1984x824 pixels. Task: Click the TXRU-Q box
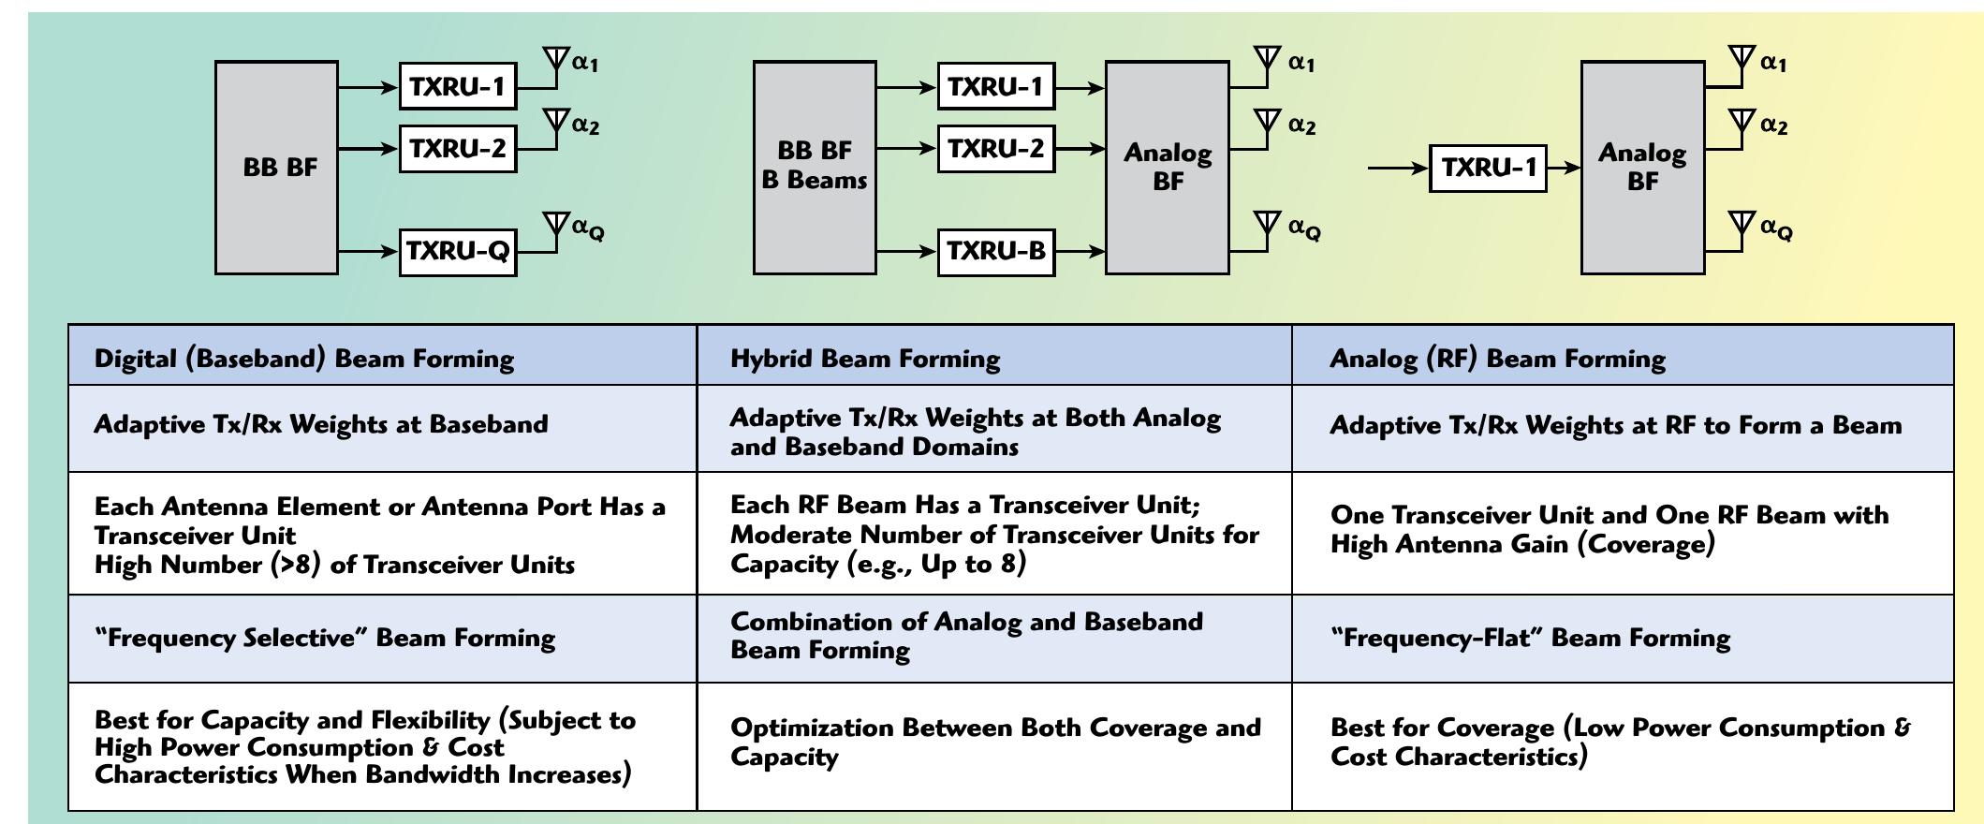click(458, 251)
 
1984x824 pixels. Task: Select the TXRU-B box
click(996, 251)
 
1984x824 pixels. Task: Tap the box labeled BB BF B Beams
click(815, 167)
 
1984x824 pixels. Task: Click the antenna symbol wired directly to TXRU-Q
click(556, 225)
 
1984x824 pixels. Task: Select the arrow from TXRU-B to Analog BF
click(1080, 251)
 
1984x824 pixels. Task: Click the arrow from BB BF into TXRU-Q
click(369, 251)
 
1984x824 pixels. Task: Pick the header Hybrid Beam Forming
click(864, 359)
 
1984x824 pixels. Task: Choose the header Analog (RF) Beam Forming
click(1497, 359)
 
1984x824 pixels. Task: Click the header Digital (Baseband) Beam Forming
click(304, 359)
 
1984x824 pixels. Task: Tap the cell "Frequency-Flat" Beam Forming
click(1530, 638)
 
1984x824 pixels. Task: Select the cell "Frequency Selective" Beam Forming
click(325, 638)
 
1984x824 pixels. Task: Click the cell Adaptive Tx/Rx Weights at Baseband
click(320, 424)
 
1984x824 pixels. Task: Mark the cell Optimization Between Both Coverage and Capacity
click(994, 742)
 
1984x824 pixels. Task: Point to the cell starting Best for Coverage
click(1620, 742)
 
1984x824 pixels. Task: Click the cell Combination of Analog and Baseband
click(966, 636)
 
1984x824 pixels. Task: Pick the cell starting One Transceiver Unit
click(1609, 529)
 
